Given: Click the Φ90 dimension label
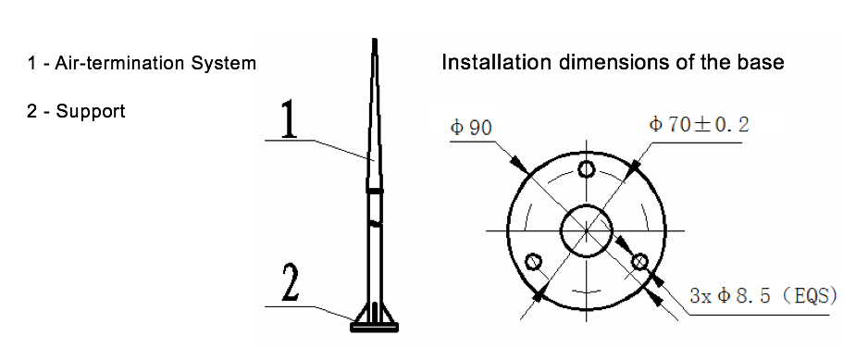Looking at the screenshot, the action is click(471, 129).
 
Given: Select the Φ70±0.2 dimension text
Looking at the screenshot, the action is click(699, 125).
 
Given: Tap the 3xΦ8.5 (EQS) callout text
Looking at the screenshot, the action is click(763, 296).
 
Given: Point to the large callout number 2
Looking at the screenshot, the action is click(291, 282).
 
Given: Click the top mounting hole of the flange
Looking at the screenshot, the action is click(587, 168).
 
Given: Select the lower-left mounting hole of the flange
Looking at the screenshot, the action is click(533, 261).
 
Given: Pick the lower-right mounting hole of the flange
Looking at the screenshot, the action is click(640, 261).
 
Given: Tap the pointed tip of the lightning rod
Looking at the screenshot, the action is click(375, 39).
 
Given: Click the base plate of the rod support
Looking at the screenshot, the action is click(375, 328).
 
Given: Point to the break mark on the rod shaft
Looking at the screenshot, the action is click(375, 223).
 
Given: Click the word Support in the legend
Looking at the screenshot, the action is click(91, 112).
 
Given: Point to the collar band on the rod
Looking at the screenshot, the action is click(375, 191).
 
